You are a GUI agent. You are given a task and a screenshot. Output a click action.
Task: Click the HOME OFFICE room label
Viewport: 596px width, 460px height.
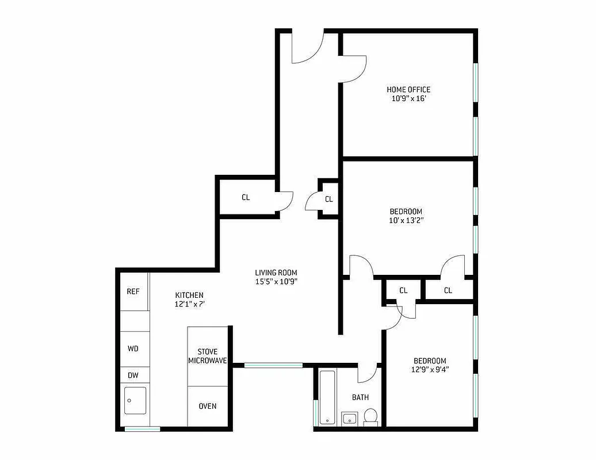click(x=408, y=90)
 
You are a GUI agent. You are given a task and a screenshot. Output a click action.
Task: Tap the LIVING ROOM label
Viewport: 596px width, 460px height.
click(x=276, y=273)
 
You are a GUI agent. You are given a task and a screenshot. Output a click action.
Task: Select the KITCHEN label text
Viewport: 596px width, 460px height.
click(x=189, y=295)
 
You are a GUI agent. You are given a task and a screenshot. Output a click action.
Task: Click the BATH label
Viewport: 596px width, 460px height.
click(x=361, y=397)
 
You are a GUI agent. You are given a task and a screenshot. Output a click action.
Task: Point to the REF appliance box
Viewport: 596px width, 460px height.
click(x=133, y=292)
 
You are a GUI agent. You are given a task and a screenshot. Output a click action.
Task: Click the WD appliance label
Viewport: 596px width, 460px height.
click(x=133, y=348)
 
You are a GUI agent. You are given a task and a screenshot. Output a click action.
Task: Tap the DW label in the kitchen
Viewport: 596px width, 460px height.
click(x=133, y=375)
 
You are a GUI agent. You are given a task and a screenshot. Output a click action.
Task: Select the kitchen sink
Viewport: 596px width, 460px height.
click(x=135, y=400)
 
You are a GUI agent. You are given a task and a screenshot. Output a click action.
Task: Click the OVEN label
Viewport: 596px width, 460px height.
click(x=208, y=406)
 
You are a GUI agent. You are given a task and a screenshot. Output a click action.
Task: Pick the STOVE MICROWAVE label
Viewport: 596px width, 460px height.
click(x=208, y=356)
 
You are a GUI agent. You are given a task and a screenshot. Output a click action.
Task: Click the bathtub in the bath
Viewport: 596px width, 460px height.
click(x=327, y=397)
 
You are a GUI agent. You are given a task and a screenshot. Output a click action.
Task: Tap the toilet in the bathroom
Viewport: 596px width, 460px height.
click(x=371, y=416)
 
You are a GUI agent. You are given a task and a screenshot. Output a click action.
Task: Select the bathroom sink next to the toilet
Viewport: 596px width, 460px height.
click(x=349, y=418)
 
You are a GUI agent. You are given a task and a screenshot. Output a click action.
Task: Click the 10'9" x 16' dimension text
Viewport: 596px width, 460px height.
click(x=408, y=98)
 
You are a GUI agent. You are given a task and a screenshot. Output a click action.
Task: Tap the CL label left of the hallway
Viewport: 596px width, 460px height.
click(x=246, y=197)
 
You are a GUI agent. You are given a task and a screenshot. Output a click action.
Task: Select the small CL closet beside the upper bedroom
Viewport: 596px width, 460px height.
click(x=329, y=200)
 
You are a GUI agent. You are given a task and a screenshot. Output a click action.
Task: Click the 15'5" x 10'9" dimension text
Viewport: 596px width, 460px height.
click(x=276, y=281)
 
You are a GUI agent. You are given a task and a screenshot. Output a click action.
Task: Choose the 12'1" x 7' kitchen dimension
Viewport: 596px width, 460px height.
click(x=189, y=304)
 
